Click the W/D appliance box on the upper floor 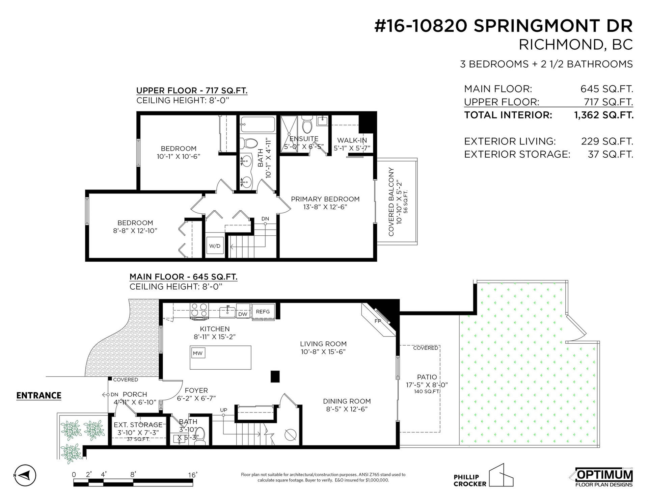click(215, 246)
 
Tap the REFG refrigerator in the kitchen click(263, 312)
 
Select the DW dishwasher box click(243, 314)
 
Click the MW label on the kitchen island click(198, 353)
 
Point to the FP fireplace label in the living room click(378, 321)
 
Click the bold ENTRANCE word click(39, 395)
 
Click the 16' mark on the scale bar click(192, 475)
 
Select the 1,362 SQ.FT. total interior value click(604, 115)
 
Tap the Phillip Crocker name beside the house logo click(470, 480)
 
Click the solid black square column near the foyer click(275, 376)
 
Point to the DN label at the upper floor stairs click(265, 219)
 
